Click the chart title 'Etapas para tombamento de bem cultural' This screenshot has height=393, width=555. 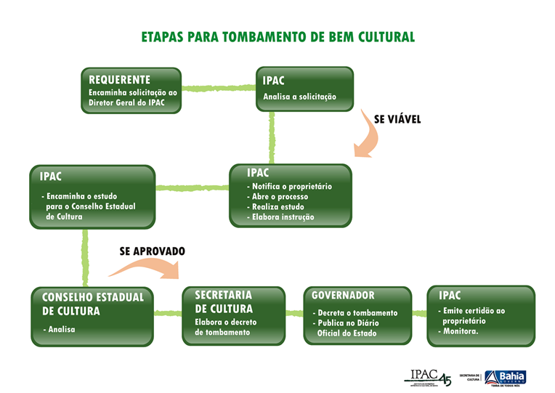coord(277,36)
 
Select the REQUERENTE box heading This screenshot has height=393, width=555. coord(120,80)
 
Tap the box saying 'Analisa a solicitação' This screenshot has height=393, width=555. coord(304,89)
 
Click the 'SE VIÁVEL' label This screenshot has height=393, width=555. coord(397,118)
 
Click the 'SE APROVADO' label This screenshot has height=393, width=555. coord(153,251)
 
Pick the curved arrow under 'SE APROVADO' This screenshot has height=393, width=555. coord(145,270)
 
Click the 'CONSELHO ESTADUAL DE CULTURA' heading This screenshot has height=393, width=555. coord(93,304)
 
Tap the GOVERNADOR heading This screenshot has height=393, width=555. coord(343,296)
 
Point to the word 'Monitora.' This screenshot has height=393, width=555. coord(461,331)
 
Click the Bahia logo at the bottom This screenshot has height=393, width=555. coord(505,377)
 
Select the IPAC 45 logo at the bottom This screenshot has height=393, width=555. coord(429,377)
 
